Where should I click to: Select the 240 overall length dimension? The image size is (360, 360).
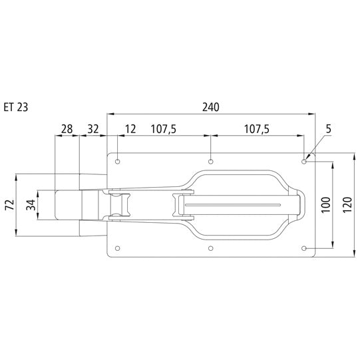pos(211,106)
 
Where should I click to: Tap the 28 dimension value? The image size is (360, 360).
pos(67,129)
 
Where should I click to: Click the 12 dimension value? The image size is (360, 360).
pos(130,129)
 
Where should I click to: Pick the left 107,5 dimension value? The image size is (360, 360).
pos(164,129)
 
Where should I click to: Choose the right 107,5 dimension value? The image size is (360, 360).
pos(257,129)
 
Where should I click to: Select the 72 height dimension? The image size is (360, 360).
pos(9,205)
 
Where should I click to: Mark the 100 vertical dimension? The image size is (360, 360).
pos(324,205)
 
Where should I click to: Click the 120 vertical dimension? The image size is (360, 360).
pos(347,205)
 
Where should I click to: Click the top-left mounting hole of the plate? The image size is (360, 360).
pos(118,162)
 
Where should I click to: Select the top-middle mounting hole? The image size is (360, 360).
pos(211,162)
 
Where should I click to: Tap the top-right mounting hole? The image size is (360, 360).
pos(304,161)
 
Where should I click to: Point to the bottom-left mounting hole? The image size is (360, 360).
pos(118,249)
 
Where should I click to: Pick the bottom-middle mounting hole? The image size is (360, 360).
pos(211,249)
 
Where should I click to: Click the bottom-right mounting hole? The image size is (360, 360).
pos(304,249)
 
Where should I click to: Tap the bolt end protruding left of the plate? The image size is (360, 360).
pos(67,205)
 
